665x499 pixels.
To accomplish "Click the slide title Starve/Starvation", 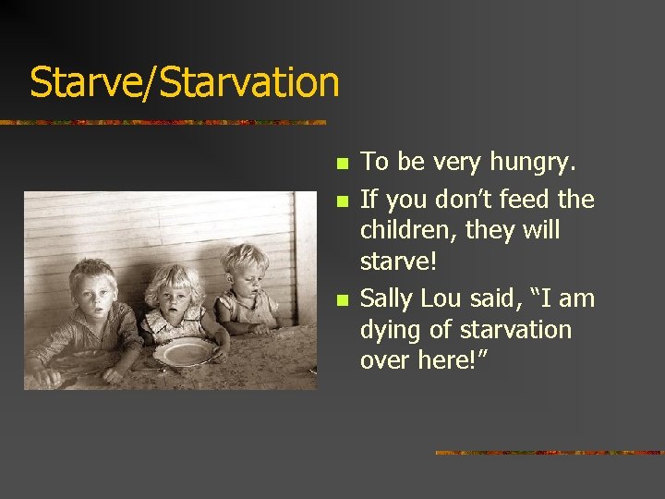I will [185, 81].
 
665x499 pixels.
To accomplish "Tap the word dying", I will [391, 330].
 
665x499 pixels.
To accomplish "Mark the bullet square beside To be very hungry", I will [342, 164].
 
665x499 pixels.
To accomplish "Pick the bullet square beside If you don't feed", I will [342, 201].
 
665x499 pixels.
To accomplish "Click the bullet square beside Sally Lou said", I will [342, 300].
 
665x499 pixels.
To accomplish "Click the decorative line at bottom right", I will [549, 453].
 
